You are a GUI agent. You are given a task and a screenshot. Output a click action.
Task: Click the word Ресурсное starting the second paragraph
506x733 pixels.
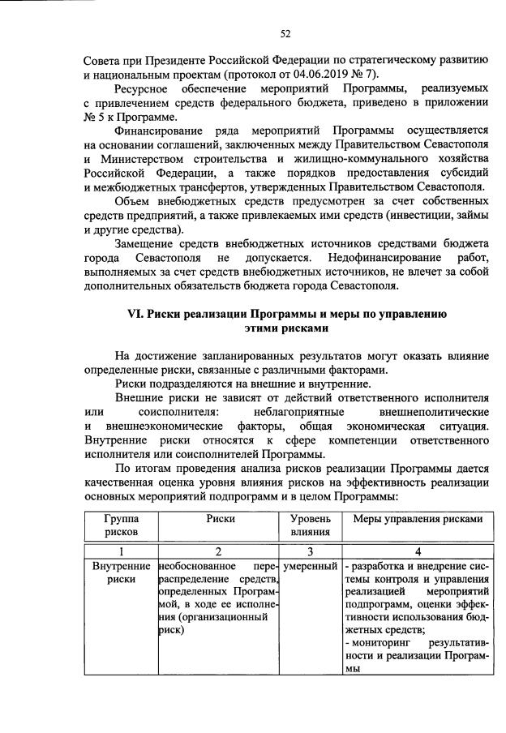(150, 88)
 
